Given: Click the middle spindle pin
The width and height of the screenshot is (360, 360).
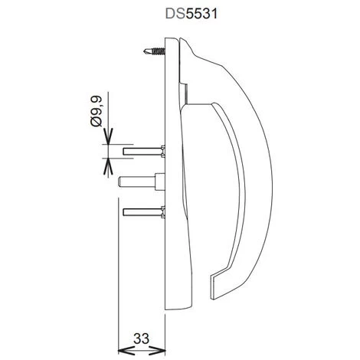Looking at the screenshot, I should tap(140, 182).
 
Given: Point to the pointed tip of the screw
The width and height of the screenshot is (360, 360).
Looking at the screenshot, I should tap(145, 50).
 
